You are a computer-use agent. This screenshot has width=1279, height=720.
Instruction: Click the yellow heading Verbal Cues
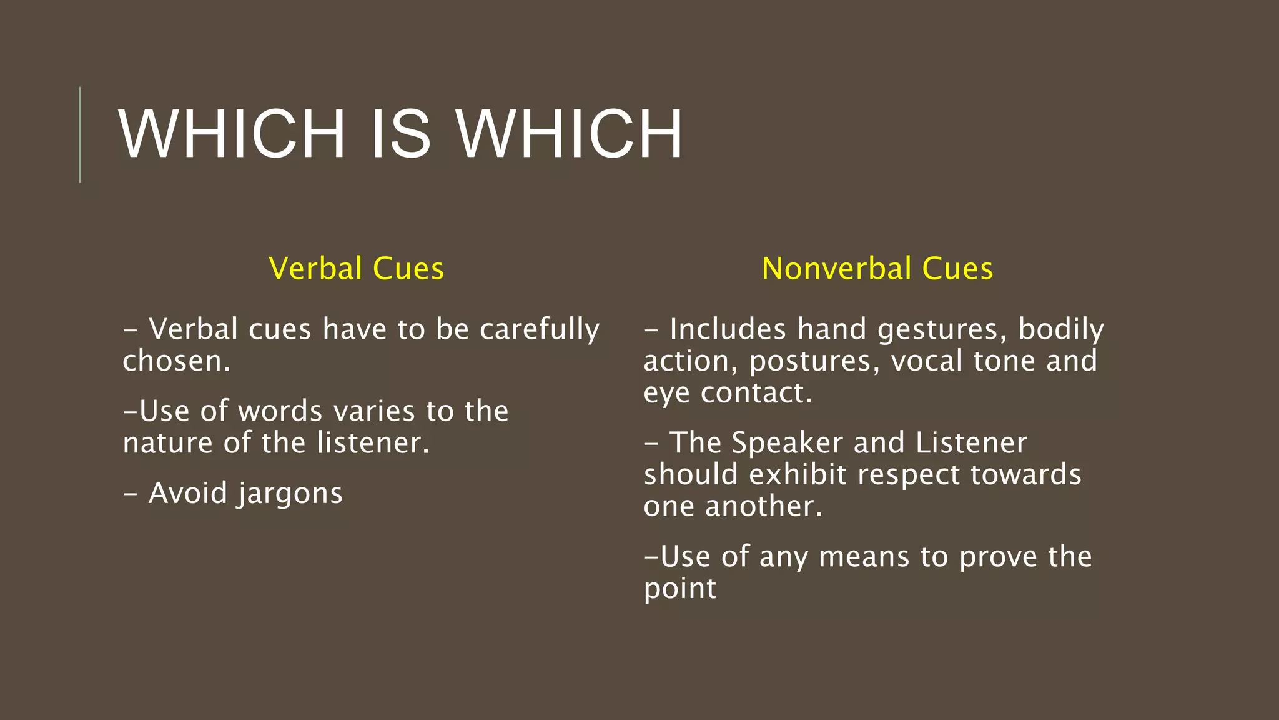click(x=356, y=269)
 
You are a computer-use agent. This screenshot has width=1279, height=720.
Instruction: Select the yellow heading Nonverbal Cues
click(x=877, y=269)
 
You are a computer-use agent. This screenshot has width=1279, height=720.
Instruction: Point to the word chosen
click(x=176, y=361)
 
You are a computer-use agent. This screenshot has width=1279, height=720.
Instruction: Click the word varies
click(x=374, y=411)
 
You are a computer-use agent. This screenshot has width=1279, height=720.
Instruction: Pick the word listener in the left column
click(x=373, y=443)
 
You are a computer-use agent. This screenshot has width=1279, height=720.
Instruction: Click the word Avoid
click(x=188, y=493)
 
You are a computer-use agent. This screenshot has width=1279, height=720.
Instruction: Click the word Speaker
click(x=787, y=443)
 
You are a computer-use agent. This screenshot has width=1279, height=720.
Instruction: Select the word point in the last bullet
click(x=679, y=589)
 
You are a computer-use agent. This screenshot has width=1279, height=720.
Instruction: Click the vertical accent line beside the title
click(x=80, y=134)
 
